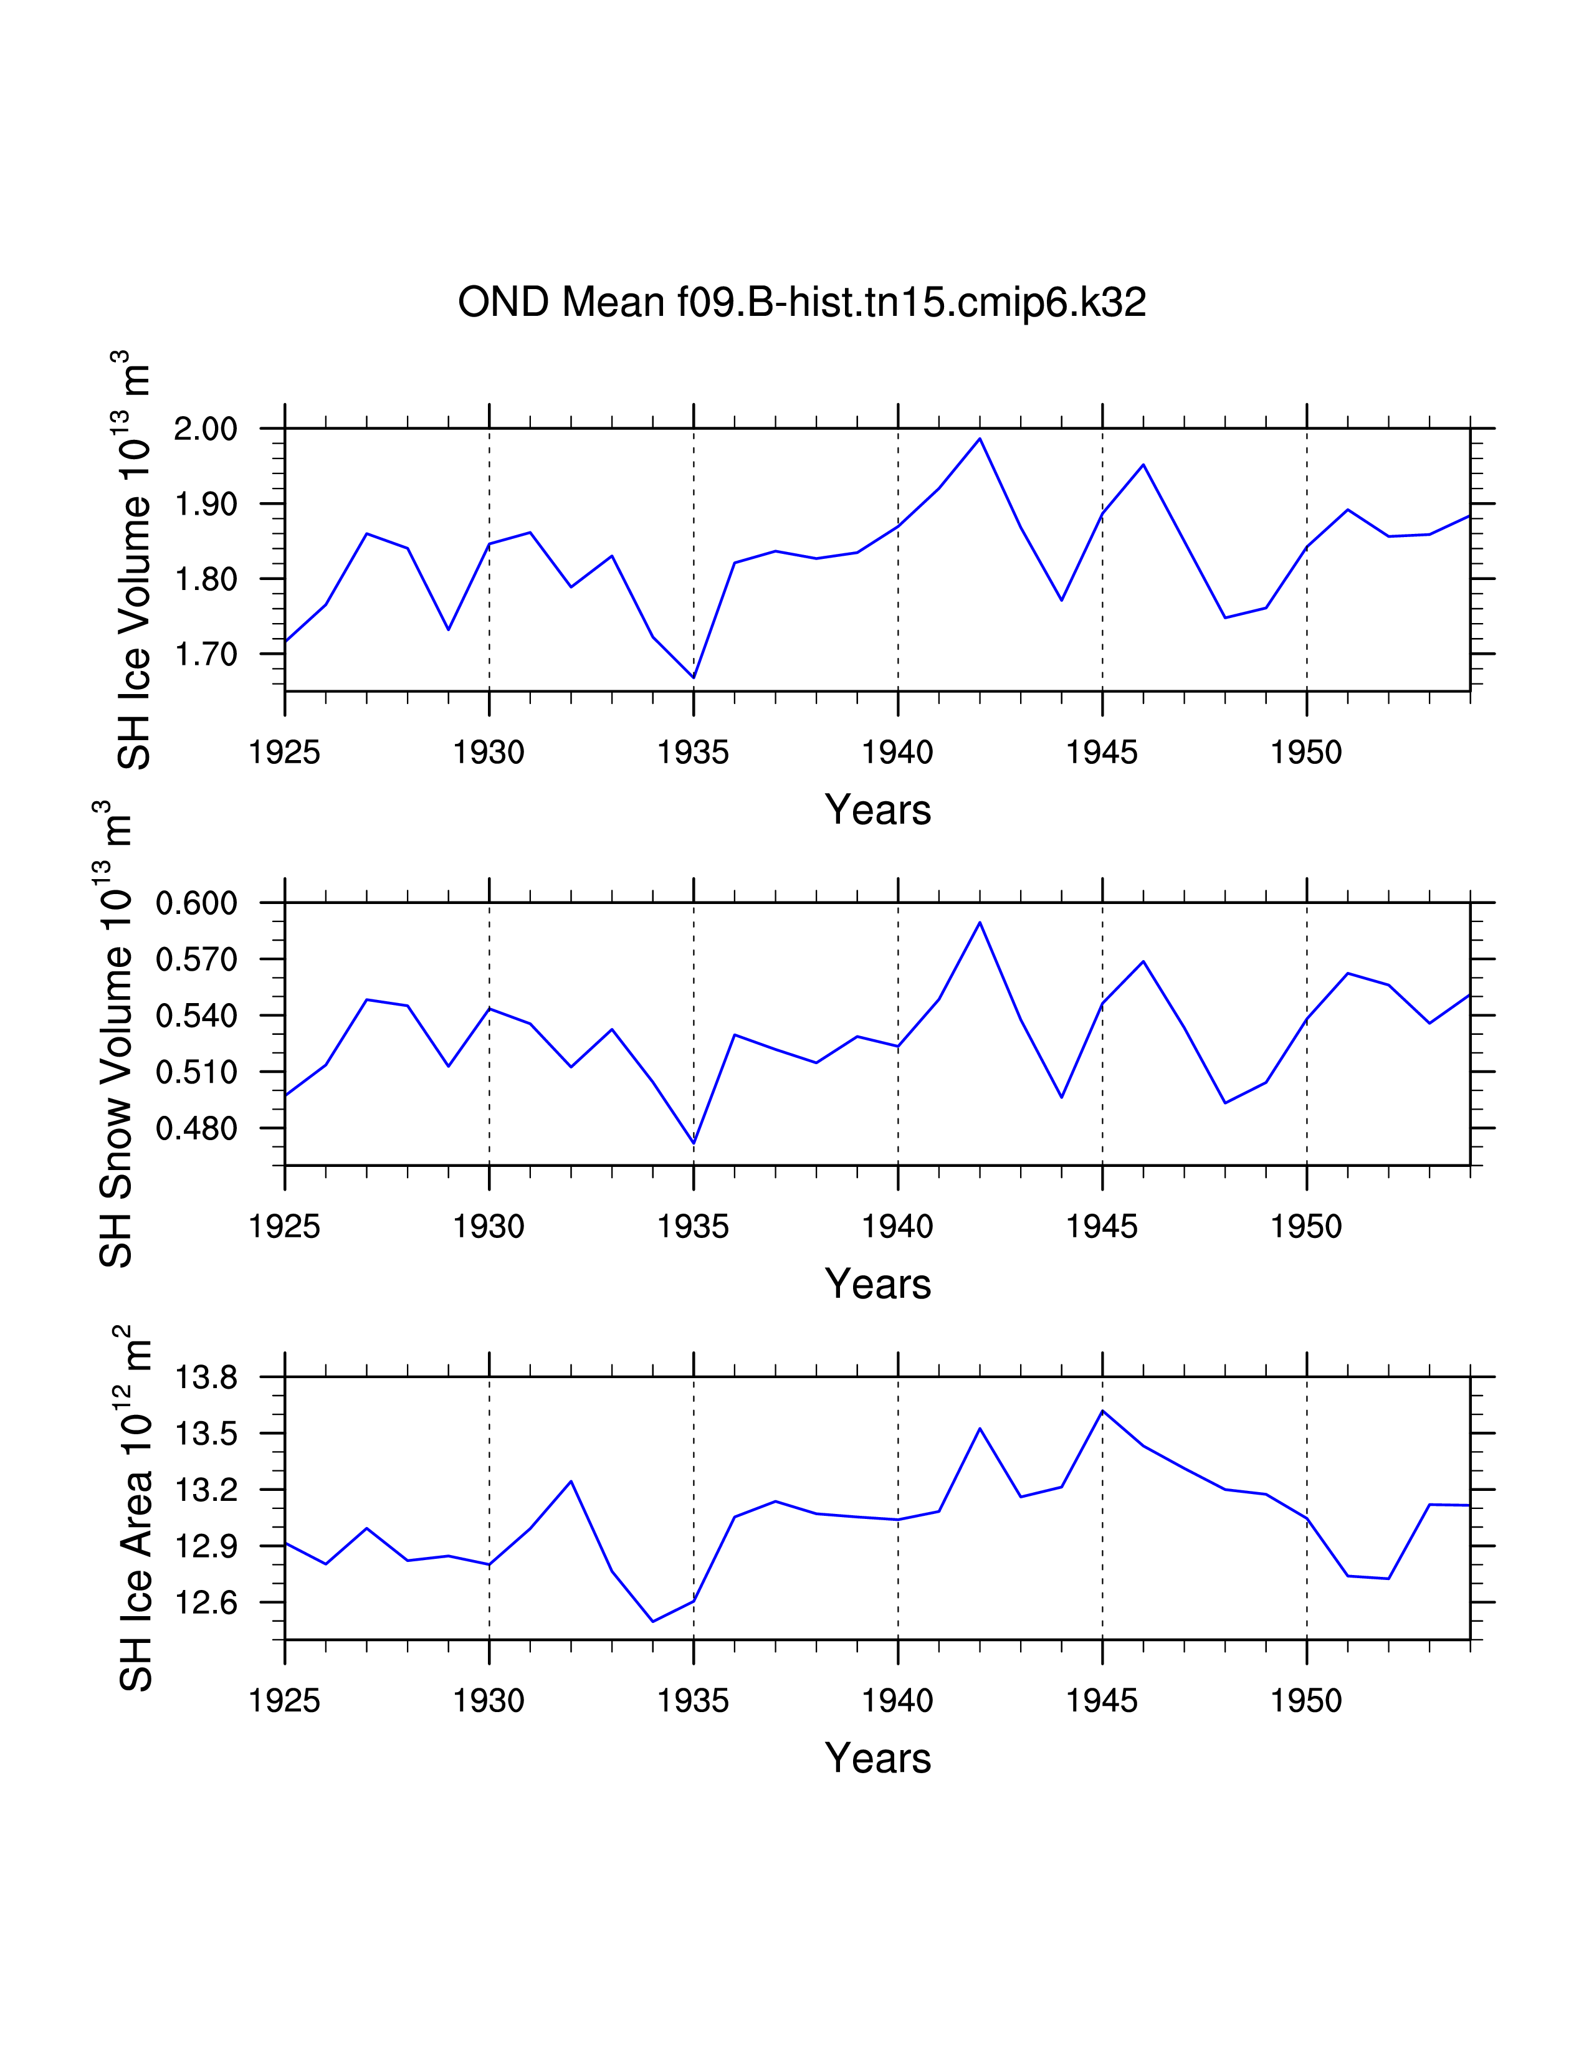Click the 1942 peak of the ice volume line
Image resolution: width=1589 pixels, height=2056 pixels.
(980, 439)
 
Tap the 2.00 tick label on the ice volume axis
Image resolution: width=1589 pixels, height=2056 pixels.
(206, 429)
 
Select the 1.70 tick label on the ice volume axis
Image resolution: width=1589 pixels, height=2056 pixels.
(206, 654)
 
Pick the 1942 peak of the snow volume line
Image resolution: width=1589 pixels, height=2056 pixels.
(980, 923)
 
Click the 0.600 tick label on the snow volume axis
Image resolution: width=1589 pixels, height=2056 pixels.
(197, 904)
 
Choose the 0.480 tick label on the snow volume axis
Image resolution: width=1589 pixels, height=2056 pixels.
(197, 1128)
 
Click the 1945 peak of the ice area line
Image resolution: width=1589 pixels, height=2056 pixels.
(1102, 1411)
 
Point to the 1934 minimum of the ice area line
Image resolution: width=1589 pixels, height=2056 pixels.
(653, 1621)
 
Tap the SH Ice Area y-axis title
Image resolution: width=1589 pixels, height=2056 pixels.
(136, 1508)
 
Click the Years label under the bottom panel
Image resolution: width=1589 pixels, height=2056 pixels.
(877, 1759)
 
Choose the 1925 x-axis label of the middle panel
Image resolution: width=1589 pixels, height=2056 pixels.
(284, 1227)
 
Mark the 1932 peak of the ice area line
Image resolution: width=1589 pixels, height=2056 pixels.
(571, 1481)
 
